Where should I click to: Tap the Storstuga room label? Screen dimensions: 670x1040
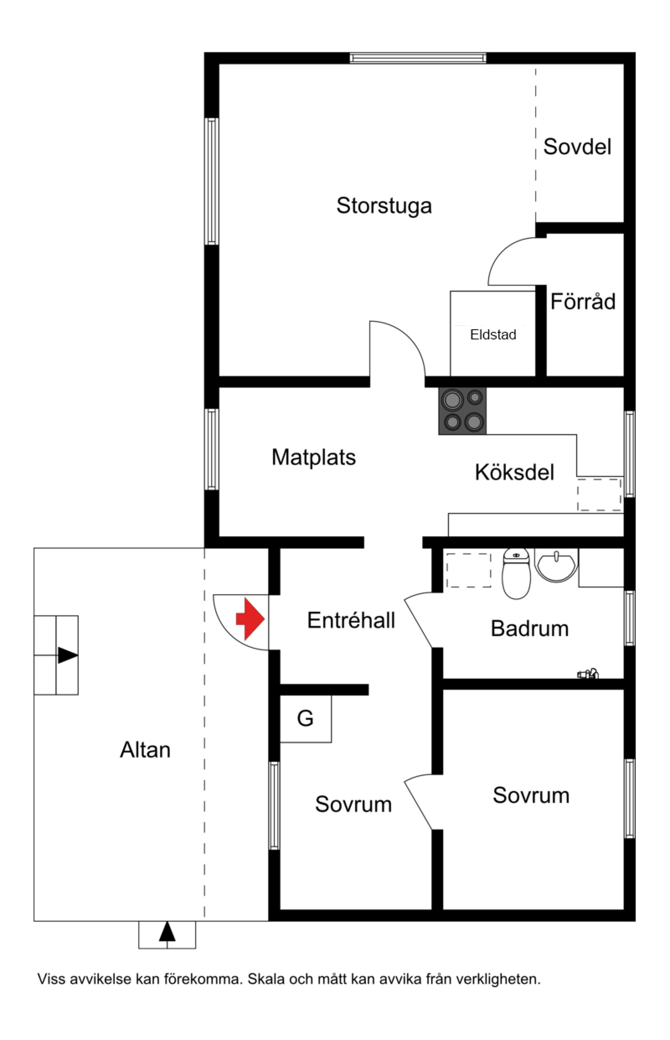pyautogui.click(x=384, y=206)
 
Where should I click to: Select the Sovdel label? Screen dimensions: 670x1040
pyautogui.click(x=577, y=147)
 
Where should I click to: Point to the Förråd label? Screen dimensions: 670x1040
pyautogui.click(x=583, y=301)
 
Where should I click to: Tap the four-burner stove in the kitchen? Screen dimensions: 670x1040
pyautogui.click(x=462, y=411)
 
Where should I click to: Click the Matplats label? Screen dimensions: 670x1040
pyautogui.click(x=314, y=458)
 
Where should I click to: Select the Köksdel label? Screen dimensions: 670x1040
pyautogui.click(x=515, y=472)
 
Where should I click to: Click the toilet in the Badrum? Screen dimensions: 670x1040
pyautogui.click(x=516, y=573)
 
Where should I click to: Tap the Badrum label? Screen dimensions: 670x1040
pyautogui.click(x=530, y=629)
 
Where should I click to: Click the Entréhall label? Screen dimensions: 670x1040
pyautogui.click(x=351, y=620)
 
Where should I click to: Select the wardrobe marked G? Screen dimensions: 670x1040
pyautogui.click(x=305, y=718)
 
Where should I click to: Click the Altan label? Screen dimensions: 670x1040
pyautogui.click(x=145, y=750)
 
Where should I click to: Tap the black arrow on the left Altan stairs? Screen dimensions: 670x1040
pyautogui.click(x=68, y=655)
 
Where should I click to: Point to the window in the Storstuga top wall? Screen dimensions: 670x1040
pyautogui.click(x=418, y=58)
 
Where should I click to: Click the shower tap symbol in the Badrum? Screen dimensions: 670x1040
pyautogui.click(x=588, y=674)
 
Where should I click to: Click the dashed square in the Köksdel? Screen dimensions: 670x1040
pyautogui.click(x=599, y=494)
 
